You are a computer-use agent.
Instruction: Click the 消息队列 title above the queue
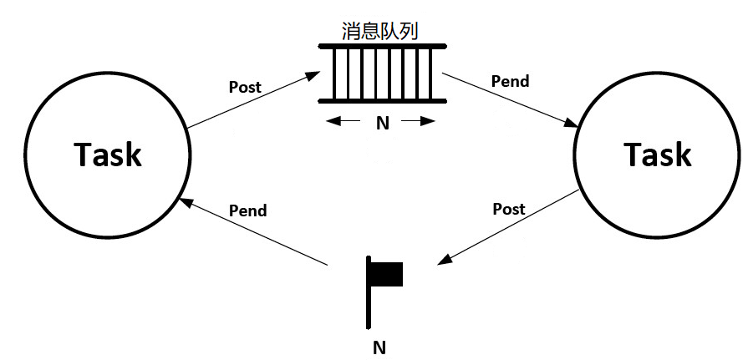(x=380, y=31)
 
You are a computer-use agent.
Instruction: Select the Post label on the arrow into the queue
(x=245, y=87)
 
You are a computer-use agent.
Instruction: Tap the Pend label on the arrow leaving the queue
(x=510, y=82)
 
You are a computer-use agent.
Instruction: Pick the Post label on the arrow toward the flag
(x=509, y=209)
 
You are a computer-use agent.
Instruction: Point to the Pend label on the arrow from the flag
(x=247, y=210)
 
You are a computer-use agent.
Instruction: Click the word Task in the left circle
(x=108, y=155)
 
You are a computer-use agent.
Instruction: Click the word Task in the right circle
(x=659, y=155)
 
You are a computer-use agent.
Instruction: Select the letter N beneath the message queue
(x=382, y=123)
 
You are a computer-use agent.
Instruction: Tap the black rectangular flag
(x=387, y=274)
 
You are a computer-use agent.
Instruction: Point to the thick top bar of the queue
(x=381, y=45)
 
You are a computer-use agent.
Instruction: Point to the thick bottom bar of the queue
(x=381, y=102)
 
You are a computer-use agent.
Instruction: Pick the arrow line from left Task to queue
(x=247, y=103)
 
